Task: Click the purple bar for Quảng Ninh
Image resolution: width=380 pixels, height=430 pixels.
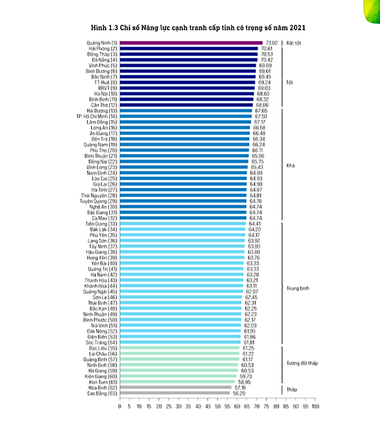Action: point(190,43)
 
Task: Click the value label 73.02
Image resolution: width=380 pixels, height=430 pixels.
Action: point(271,43)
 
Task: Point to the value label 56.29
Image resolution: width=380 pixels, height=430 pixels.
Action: point(239,393)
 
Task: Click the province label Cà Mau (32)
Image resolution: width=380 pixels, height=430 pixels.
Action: point(103,218)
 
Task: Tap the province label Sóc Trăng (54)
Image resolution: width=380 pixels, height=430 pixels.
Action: point(102,343)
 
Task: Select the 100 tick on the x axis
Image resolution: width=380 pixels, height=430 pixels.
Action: point(315,407)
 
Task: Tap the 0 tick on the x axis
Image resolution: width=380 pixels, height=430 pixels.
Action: point(120,407)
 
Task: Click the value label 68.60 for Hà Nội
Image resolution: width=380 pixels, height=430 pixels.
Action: point(262,94)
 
